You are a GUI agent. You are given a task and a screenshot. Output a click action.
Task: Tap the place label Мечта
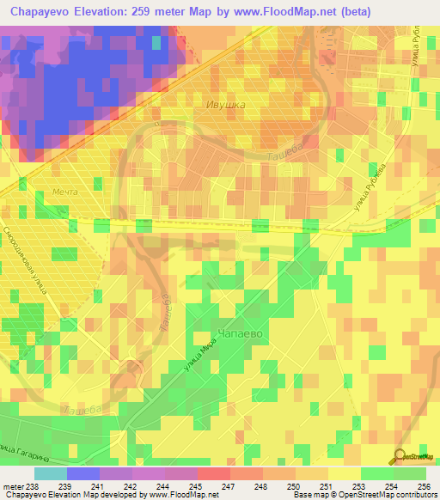click(65, 192)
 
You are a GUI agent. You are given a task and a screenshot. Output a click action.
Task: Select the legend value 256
click(422, 485)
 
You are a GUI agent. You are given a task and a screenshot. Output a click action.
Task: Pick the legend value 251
click(325, 485)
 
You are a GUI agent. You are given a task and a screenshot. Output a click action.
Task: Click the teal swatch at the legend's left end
click(51, 473)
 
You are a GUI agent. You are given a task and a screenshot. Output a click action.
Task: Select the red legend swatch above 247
click(214, 473)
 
